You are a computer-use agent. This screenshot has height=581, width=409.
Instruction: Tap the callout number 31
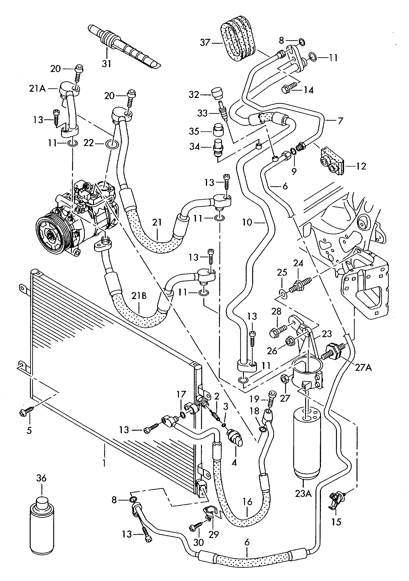click(x=107, y=63)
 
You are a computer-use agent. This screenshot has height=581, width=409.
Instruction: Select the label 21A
click(x=37, y=89)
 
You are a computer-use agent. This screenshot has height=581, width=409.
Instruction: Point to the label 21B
click(x=139, y=296)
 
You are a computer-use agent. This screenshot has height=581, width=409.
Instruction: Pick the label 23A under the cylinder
click(x=303, y=493)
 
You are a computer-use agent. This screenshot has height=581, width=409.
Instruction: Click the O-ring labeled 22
click(x=111, y=144)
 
